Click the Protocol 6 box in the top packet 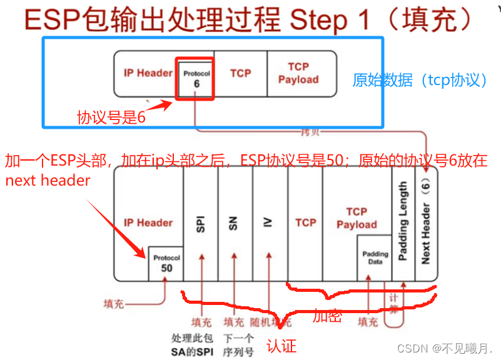click(x=196, y=79)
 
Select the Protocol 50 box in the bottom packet click(x=166, y=263)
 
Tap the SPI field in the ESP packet click(x=201, y=225)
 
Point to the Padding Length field click(x=403, y=222)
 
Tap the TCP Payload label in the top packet click(x=298, y=73)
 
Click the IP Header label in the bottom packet click(x=148, y=222)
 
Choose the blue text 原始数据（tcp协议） click(x=420, y=80)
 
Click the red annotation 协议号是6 click(x=111, y=117)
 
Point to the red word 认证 click(x=281, y=346)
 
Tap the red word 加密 click(x=327, y=317)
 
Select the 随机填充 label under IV click(x=271, y=322)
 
